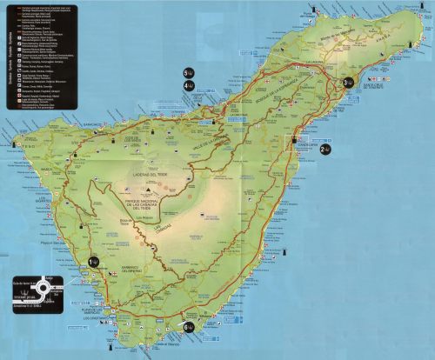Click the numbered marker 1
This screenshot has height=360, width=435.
pos(94,261)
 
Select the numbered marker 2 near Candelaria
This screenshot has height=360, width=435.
pos(325,150)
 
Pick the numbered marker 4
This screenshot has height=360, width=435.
pos(188,85)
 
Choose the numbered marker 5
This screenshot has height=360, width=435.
pos(188,72)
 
